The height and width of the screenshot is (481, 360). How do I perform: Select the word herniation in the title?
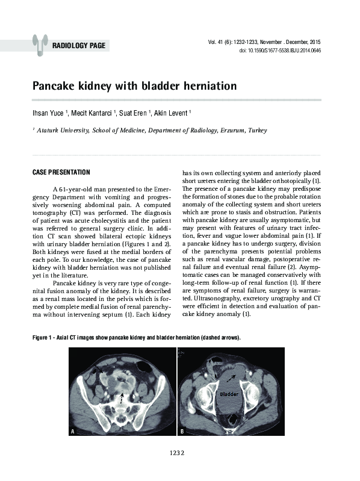tap(206, 86)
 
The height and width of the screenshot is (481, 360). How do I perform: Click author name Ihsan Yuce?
tap(49, 112)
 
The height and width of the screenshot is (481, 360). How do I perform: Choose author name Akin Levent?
tap(189, 112)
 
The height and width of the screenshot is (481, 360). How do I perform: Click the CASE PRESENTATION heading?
tap(61, 172)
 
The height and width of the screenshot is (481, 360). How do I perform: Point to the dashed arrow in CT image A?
tap(123, 397)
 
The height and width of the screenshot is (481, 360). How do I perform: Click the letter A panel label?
tap(73, 432)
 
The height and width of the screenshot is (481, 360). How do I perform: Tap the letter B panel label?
tap(182, 432)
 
